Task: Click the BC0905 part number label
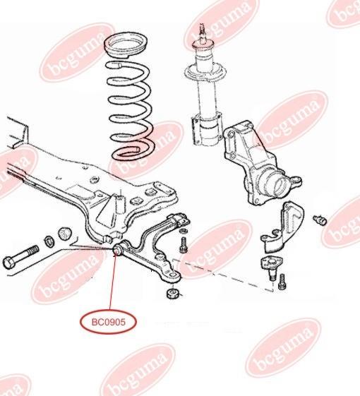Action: [x=109, y=322]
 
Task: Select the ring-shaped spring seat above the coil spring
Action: [x=126, y=47]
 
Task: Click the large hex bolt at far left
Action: [x=20, y=256]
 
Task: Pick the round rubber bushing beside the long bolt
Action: [x=65, y=234]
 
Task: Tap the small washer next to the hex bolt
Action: [x=49, y=241]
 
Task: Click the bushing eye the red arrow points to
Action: [x=117, y=248]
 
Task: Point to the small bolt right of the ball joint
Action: [x=282, y=282]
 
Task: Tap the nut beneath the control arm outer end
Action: [x=173, y=292]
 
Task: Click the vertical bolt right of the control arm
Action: [x=184, y=244]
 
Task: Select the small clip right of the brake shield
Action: [x=320, y=220]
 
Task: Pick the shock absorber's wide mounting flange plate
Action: [x=205, y=73]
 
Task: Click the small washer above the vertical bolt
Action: [x=183, y=231]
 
